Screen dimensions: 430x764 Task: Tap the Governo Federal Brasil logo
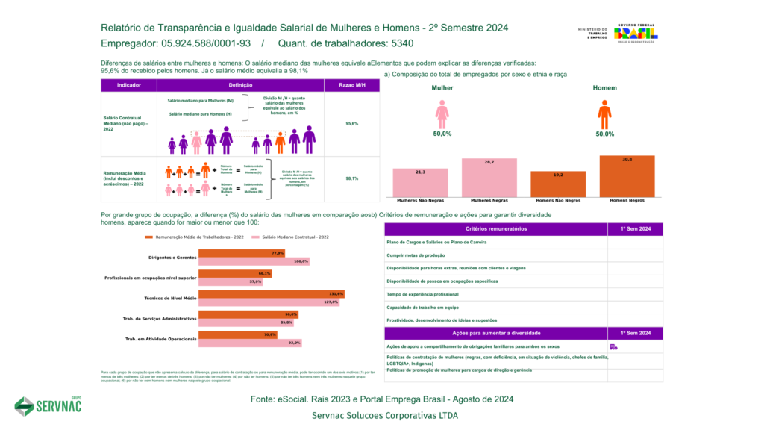pyautogui.click(x=635, y=34)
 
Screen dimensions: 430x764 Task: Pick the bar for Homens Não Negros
pyautogui.click(x=557, y=184)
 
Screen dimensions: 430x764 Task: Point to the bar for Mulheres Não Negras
pyautogui.click(x=421, y=182)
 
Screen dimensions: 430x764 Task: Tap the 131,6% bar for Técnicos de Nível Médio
pyautogui.click(x=272, y=294)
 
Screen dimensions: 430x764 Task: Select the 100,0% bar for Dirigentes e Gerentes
pyautogui.click(x=254, y=261)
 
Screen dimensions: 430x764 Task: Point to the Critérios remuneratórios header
pyautogui.click(x=496, y=228)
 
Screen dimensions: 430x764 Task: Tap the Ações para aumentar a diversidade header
pyautogui.click(x=496, y=333)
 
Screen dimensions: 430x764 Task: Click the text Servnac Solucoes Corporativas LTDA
pyautogui.click(x=385, y=415)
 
